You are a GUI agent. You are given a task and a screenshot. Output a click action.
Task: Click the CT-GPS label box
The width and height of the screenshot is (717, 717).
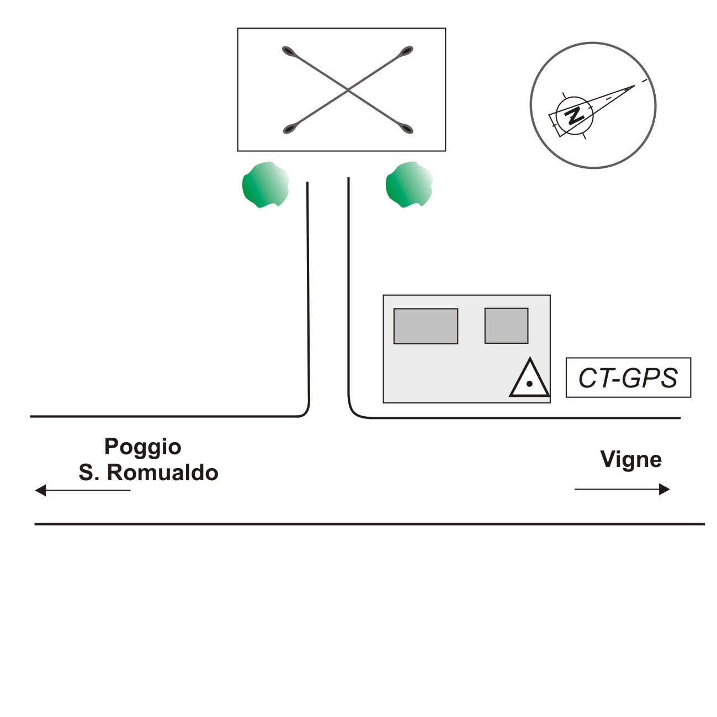click(628, 378)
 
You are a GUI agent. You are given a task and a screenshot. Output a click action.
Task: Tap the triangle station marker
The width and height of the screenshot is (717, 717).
click(529, 380)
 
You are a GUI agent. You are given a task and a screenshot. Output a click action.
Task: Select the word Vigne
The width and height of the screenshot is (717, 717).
click(631, 459)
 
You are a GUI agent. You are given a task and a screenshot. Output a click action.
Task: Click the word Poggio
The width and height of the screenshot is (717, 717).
click(143, 446)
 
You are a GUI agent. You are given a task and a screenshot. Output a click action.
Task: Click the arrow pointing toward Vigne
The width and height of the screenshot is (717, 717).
click(622, 489)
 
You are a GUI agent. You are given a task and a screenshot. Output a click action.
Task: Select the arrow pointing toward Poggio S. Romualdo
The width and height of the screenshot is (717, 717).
click(83, 490)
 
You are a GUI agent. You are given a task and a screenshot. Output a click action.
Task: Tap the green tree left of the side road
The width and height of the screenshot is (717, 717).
click(265, 184)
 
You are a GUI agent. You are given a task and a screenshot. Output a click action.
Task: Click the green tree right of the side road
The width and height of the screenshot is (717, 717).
click(408, 184)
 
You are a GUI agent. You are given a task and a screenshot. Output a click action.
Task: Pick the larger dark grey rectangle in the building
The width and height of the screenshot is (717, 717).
click(426, 326)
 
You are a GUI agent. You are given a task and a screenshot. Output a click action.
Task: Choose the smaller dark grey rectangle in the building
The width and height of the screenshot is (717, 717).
click(506, 326)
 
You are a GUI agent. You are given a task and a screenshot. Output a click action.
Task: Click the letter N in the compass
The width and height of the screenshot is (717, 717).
click(575, 116)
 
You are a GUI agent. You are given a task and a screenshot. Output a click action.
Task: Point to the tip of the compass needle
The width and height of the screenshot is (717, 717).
click(635, 86)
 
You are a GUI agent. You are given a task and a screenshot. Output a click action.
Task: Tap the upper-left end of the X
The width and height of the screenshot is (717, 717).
click(288, 51)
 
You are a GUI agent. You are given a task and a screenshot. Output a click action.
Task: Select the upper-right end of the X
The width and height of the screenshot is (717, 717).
click(407, 51)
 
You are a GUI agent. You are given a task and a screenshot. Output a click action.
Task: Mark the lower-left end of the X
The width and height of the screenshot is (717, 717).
click(288, 130)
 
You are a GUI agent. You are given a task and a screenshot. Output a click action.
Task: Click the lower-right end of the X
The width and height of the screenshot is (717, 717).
click(407, 130)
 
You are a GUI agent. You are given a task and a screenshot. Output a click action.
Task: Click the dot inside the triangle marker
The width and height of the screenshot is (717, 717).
click(529, 384)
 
